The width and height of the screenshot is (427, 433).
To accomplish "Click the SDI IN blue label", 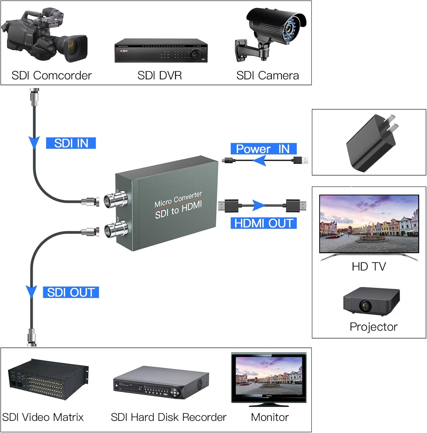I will click(71, 143).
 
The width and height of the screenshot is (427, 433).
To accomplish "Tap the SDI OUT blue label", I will click(71, 292).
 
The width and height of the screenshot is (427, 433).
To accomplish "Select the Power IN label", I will click(263, 149).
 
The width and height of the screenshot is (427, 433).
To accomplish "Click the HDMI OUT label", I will click(264, 223).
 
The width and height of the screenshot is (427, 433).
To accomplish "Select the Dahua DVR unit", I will click(161, 51).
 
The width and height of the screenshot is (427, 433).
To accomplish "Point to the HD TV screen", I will click(369, 224).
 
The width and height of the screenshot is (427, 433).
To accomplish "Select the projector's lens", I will click(365, 305).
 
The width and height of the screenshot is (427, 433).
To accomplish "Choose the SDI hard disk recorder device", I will click(161, 382).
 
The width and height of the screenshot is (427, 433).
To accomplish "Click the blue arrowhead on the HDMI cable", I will click(259, 206).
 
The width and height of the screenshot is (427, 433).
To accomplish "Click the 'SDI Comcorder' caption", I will click(52, 76).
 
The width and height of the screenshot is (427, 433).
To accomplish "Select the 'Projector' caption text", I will click(373, 327).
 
